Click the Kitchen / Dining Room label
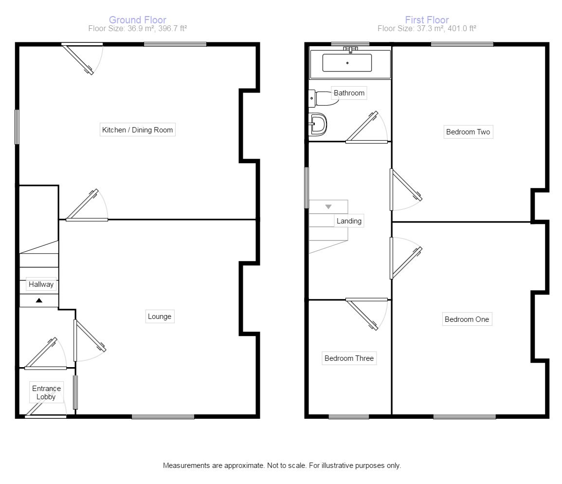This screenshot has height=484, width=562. [137, 130]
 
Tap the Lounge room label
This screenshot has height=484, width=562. [160, 316]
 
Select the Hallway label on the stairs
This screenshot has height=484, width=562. [41, 284]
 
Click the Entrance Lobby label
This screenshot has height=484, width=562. [46, 392]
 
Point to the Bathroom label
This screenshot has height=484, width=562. [349, 93]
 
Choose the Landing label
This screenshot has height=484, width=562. [349, 221]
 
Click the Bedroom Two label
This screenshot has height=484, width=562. [468, 131]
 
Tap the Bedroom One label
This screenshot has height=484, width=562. [467, 319]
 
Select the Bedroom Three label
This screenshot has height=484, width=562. [349, 358]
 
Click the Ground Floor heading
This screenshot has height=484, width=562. [138, 20]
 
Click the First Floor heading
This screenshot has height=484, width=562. [427, 20]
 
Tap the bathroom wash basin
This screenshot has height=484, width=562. [318, 124]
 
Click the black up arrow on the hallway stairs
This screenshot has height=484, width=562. [39, 300]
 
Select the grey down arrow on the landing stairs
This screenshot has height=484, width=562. [328, 206]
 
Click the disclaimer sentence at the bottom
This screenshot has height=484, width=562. [282, 465]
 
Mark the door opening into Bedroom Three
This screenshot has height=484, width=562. [367, 314]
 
